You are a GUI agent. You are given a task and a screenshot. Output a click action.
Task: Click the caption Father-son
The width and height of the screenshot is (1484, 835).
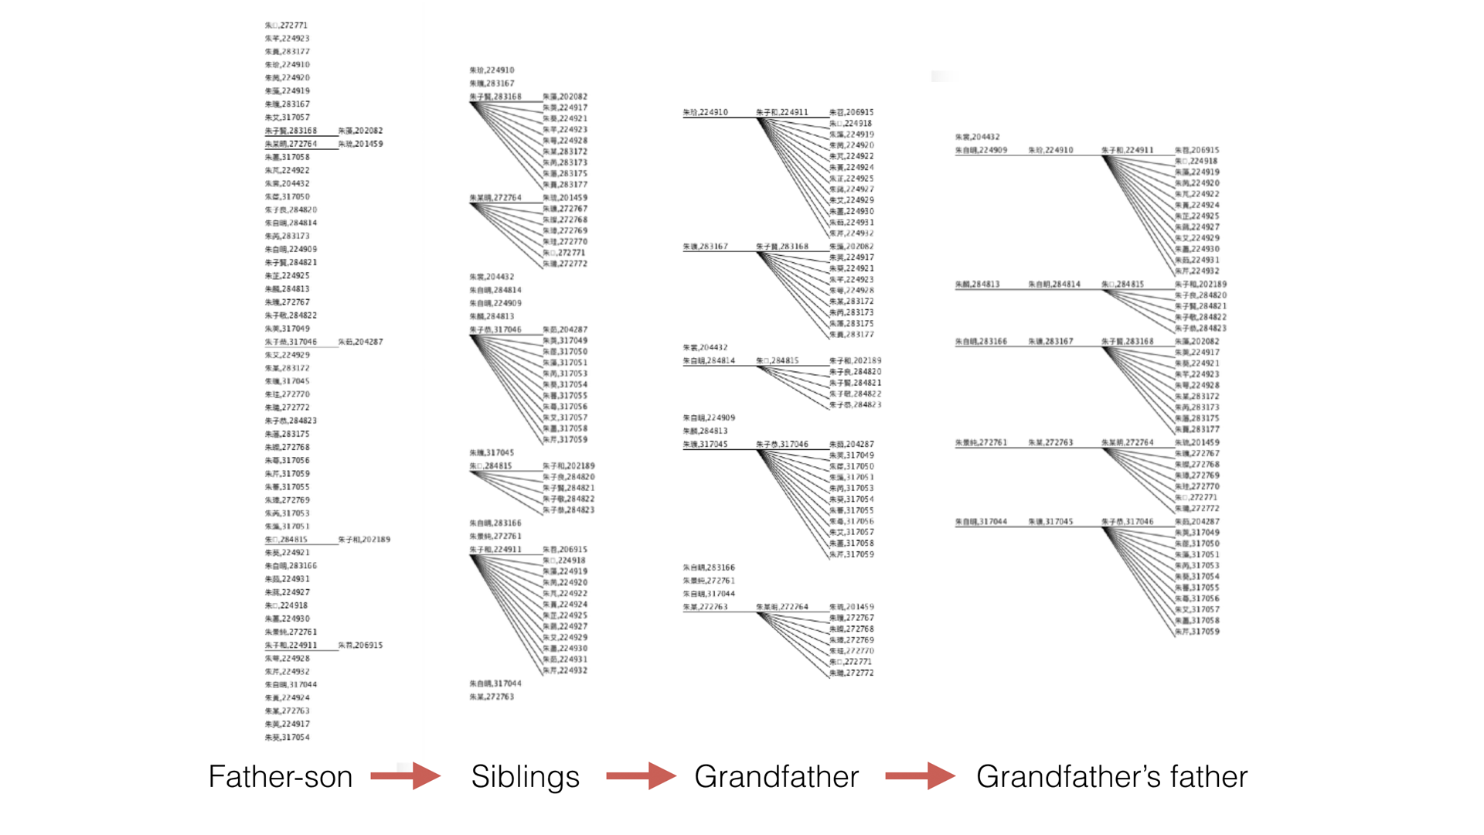280,776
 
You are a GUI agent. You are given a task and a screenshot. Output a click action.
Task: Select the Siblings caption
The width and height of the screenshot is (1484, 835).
525,776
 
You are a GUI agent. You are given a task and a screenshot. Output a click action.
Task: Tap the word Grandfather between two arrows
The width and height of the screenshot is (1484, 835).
776,776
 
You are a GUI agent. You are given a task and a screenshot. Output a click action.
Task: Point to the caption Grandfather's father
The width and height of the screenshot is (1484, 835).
1111,776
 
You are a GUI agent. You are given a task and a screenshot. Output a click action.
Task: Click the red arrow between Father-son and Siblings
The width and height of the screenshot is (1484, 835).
406,775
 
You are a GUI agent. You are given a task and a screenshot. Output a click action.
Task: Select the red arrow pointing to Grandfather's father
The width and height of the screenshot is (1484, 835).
920,775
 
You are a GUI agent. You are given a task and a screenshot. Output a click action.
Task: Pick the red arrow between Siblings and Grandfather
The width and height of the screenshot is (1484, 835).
641,775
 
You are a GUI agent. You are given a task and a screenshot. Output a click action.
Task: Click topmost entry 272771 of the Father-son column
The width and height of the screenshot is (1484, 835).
286,26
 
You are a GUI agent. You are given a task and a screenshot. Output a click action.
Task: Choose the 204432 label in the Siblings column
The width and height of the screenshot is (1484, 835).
492,277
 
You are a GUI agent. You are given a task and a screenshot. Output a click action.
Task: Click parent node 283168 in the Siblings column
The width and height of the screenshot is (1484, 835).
495,97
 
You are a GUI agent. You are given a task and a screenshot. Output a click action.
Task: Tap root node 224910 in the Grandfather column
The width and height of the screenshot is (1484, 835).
705,112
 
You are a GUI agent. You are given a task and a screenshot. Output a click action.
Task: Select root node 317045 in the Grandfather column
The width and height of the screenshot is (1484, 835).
705,445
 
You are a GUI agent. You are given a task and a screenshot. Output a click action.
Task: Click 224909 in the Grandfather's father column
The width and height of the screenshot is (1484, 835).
981,150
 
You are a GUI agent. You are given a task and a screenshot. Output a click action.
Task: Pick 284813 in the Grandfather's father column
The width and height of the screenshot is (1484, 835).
977,285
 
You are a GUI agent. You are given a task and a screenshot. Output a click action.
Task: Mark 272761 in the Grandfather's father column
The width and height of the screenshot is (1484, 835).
981,443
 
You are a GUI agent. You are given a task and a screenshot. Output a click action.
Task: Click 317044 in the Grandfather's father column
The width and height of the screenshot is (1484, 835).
981,522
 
